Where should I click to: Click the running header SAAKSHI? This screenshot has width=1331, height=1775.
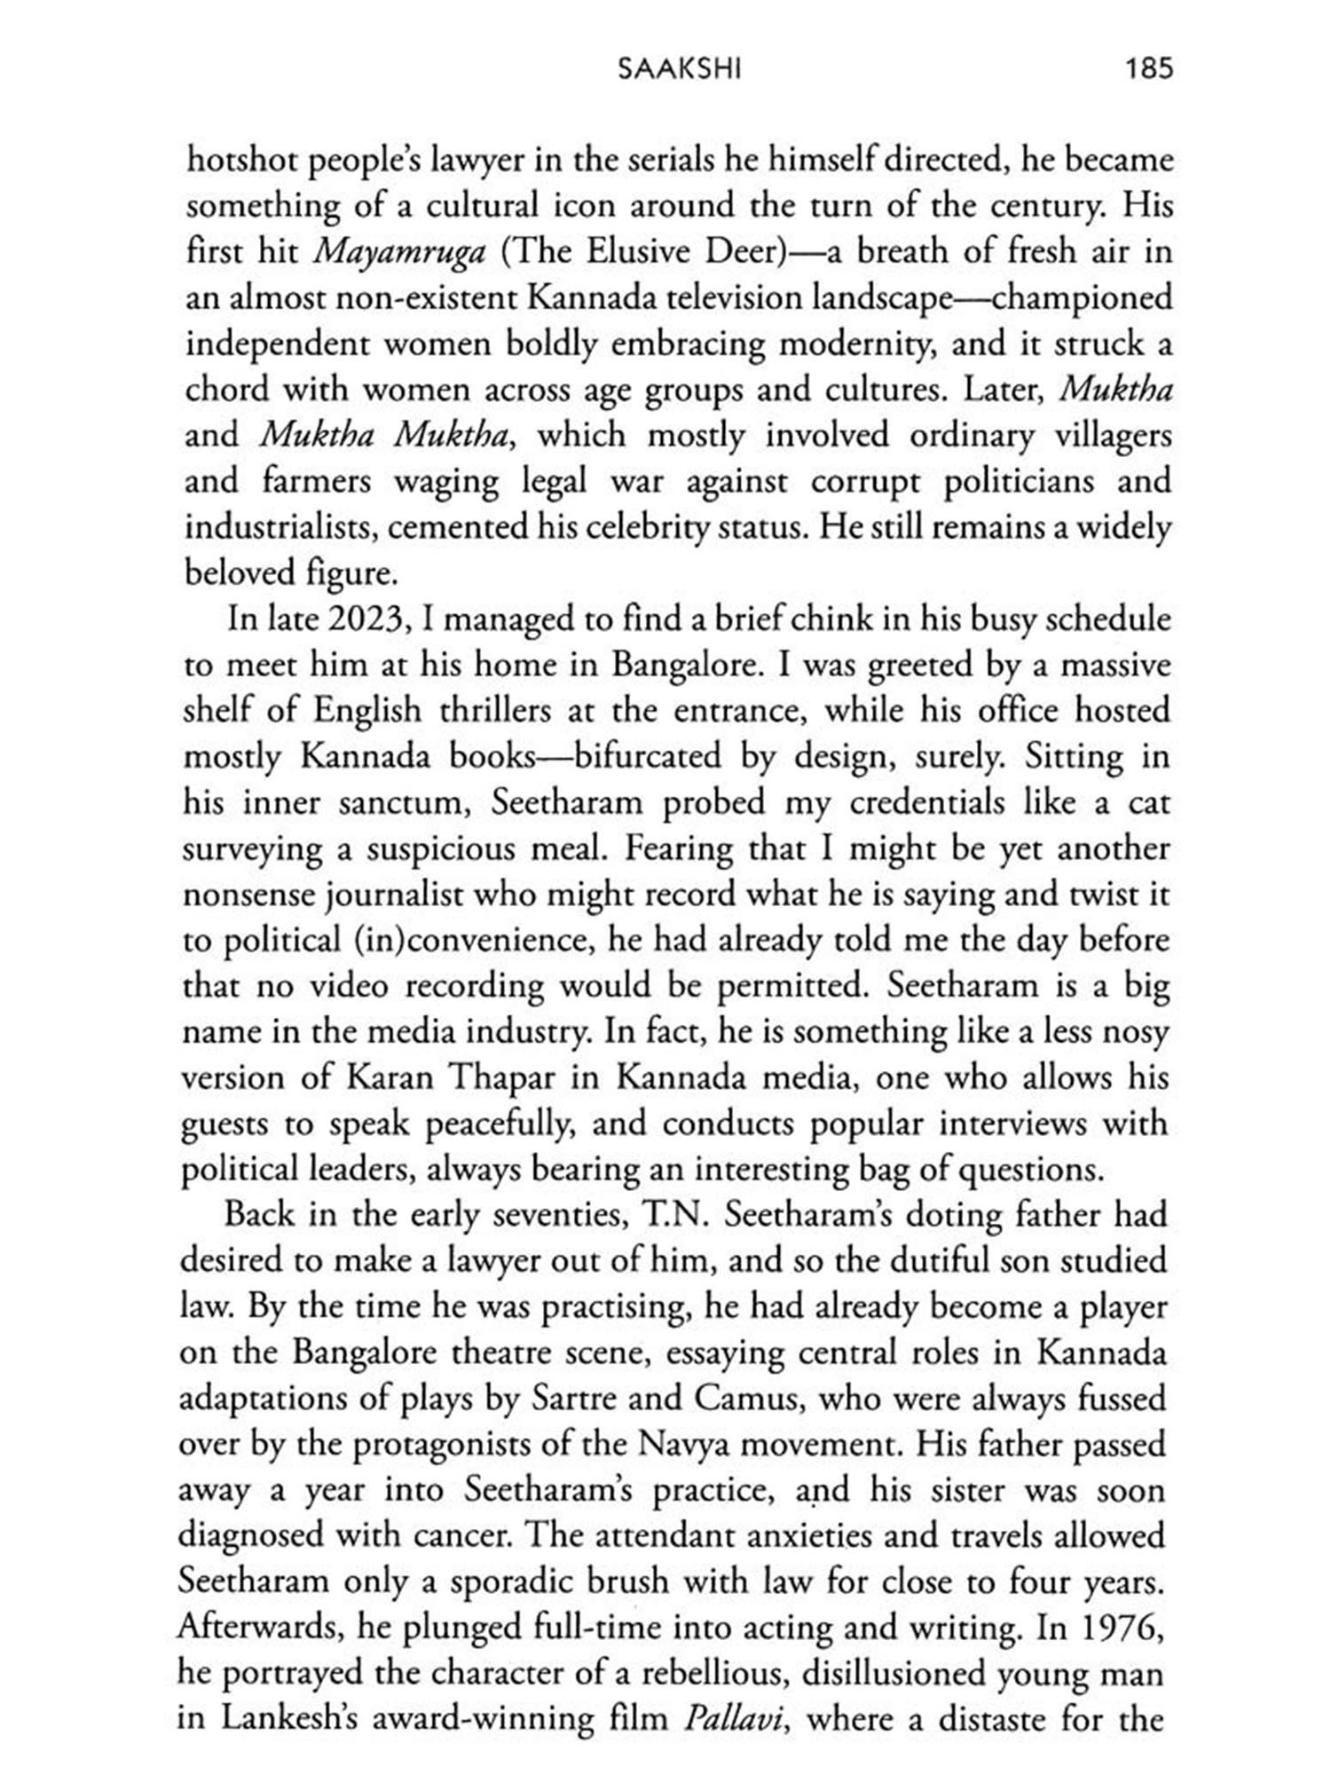pyautogui.click(x=679, y=70)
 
